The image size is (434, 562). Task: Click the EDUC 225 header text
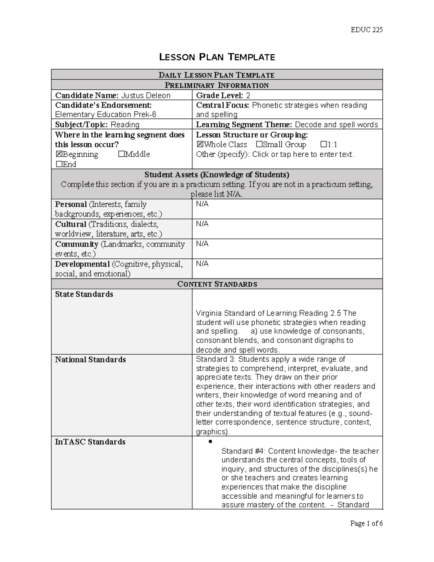(x=366, y=30)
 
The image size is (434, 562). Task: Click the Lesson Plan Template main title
(x=217, y=57)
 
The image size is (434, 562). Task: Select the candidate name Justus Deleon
(x=145, y=96)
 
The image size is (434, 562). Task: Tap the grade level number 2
(x=248, y=96)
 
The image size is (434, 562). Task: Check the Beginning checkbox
(x=59, y=155)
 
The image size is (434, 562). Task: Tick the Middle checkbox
(x=121, y=155)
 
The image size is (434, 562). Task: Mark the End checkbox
(x=59, y=164)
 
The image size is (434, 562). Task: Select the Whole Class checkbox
(x=200, y=145)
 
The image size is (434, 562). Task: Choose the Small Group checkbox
(x=259, y=145)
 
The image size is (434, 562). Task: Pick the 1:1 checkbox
(x=324, y=145)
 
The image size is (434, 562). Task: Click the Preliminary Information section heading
(x=217, y=85)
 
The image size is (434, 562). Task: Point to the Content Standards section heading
(x=217, y=284)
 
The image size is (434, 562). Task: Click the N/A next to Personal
(x=202, y=204)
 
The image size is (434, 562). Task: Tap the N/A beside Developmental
(x=202, y=264)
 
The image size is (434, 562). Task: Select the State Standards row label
(x=84, y=295)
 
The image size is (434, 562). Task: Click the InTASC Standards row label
(x=90, y=442)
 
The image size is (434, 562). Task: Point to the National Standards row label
(x=90, y=360)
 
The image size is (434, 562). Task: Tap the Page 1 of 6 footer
(x=366, y=523)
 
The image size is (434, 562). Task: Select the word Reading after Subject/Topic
(x=125, y=125)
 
